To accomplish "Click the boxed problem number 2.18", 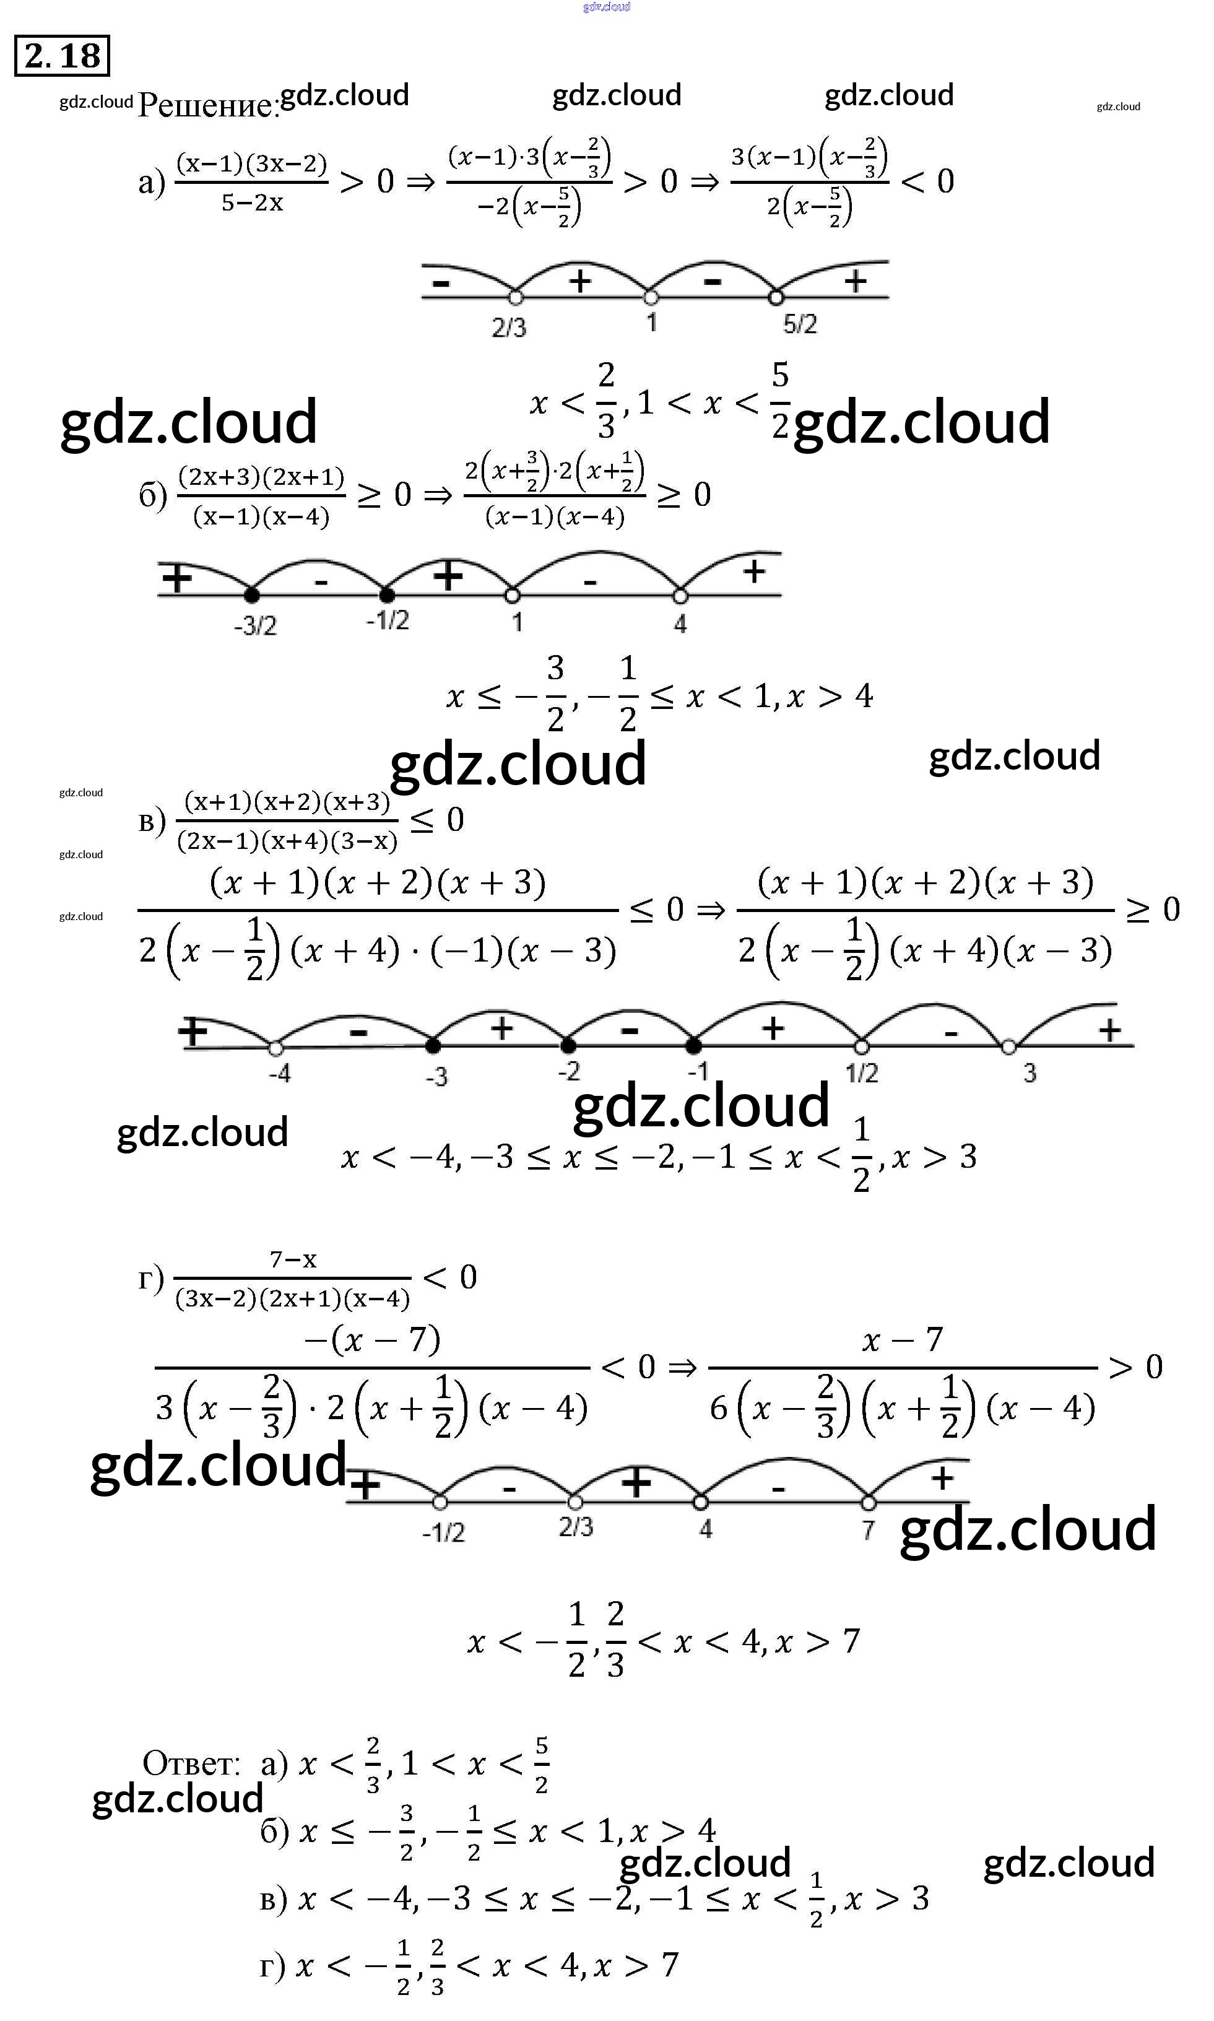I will tap(62, 56).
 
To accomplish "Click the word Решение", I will tap(208, 105).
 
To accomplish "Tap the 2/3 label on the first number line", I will tap(509, 328).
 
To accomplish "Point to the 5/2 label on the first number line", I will tap(799, 324).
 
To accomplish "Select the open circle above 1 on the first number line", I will tap(651, 297).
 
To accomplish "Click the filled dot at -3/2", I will tap(252, 595).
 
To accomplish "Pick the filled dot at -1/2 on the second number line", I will tap(387, 595).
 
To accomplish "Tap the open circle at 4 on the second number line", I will tap(680, 595).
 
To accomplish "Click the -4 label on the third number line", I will tap(279, 1072).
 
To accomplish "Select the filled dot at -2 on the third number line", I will tap(568, 1045).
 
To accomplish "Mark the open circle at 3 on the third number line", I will tap(1008, 1046).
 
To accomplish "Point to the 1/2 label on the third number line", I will tap(861, 1072).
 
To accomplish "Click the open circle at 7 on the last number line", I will tap(869, 1502).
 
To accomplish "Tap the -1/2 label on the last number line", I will tap(443, 1532).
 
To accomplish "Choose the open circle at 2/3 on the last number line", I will tap(575, 1502).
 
